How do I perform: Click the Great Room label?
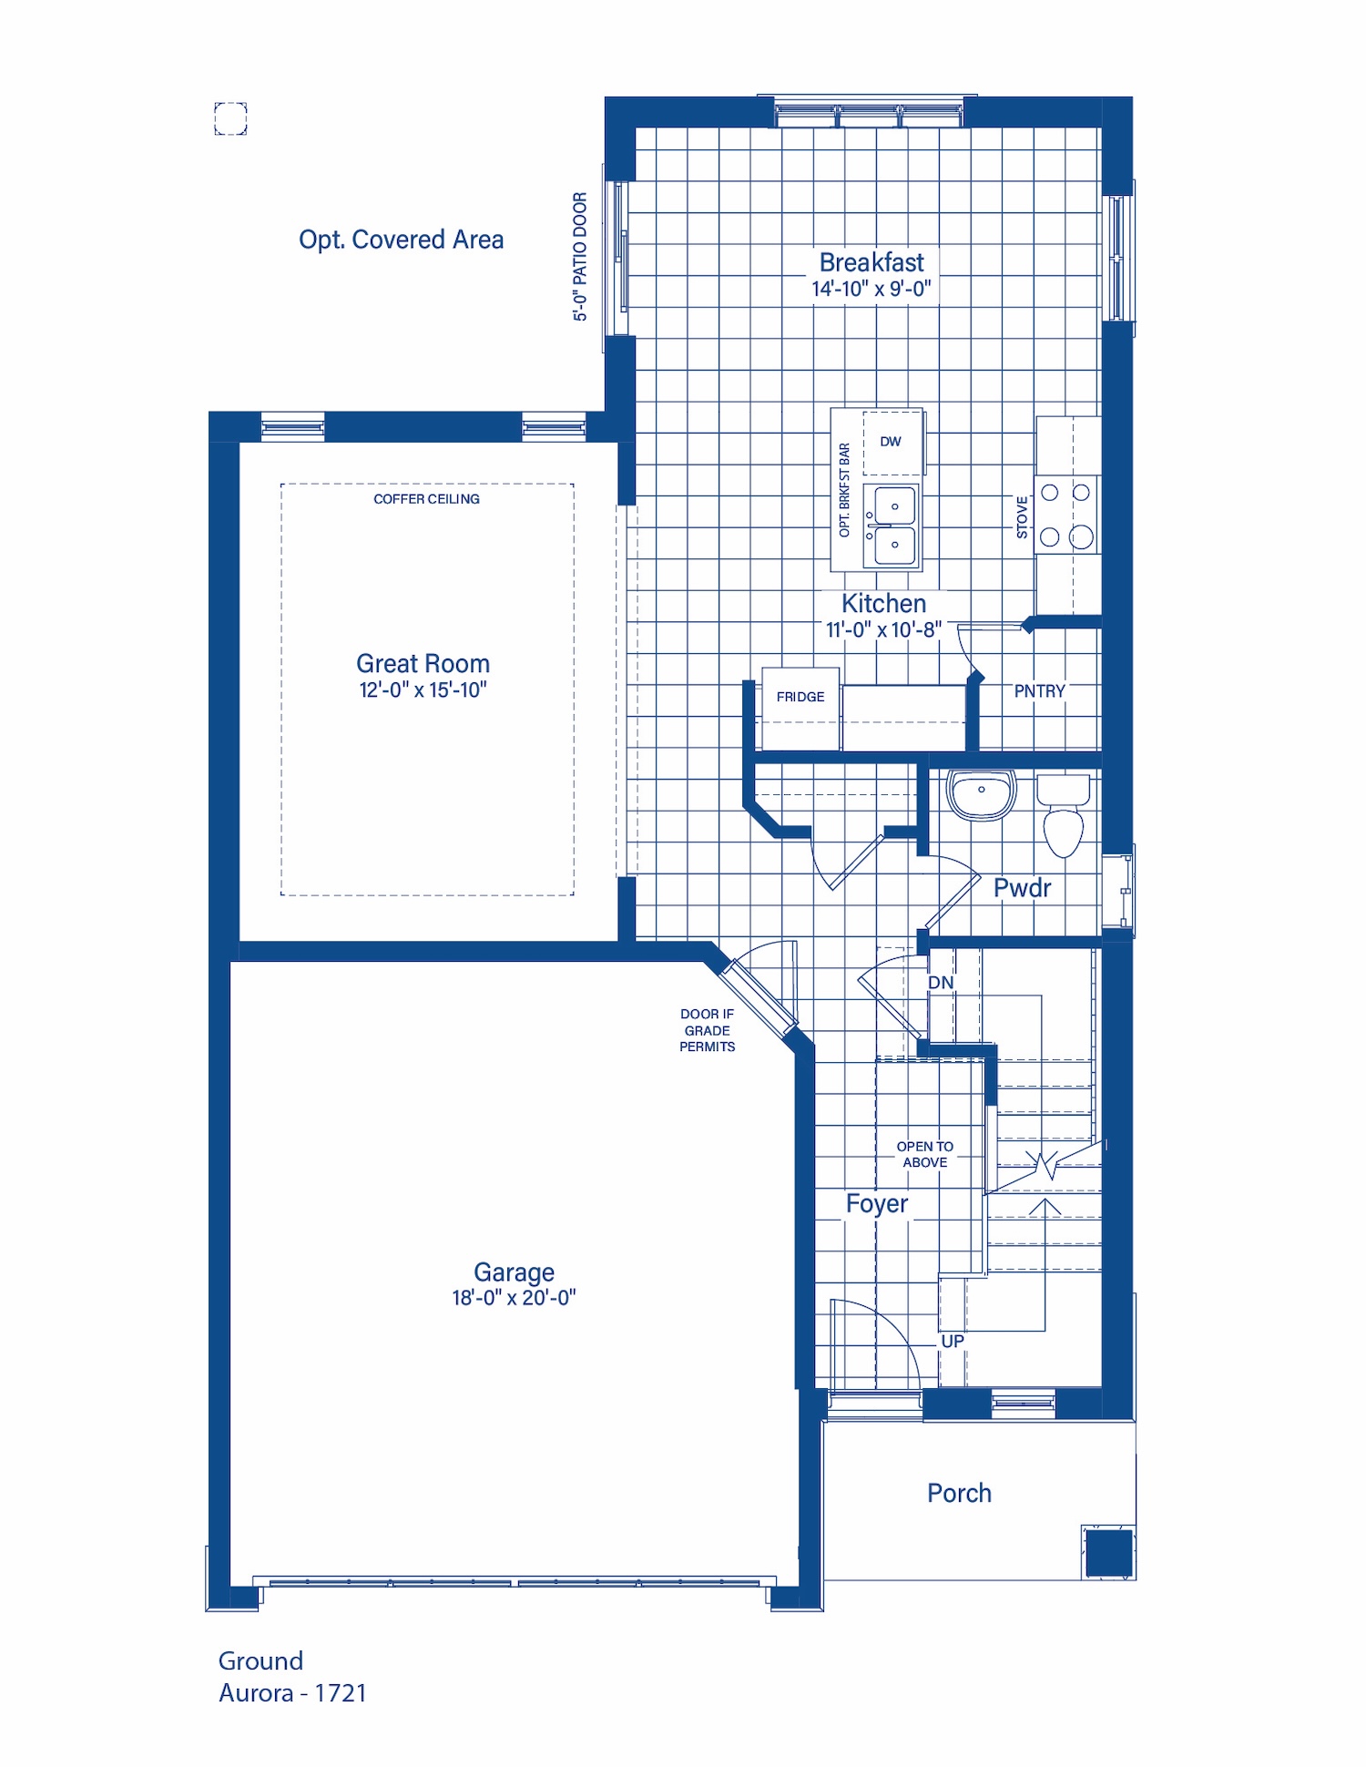coord(423,663)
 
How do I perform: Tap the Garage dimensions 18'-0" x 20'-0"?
coord(514,1298)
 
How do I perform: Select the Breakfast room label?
coord(872,262)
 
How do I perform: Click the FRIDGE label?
coord(800,697)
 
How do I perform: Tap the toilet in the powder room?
coord(1063,815)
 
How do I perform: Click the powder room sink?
coord(981,794)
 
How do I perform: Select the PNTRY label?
coord(1039,691)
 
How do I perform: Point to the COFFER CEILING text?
coord(426,499)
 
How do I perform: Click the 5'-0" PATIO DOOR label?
coord(580,257)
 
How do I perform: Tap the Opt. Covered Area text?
coord(401,240)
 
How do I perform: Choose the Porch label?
coord(959,1493)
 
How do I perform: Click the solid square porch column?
coord(1109,1553)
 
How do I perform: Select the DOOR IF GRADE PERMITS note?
coord(708,1030)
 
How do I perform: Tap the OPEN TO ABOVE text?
coord(925,1154)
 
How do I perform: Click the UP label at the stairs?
coord(953,1342)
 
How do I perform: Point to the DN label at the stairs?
coord(941,983)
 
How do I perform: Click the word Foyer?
coord(877,1204)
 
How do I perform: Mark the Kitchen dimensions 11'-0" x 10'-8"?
coord(883,629)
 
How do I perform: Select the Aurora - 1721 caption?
coord(292,1693)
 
